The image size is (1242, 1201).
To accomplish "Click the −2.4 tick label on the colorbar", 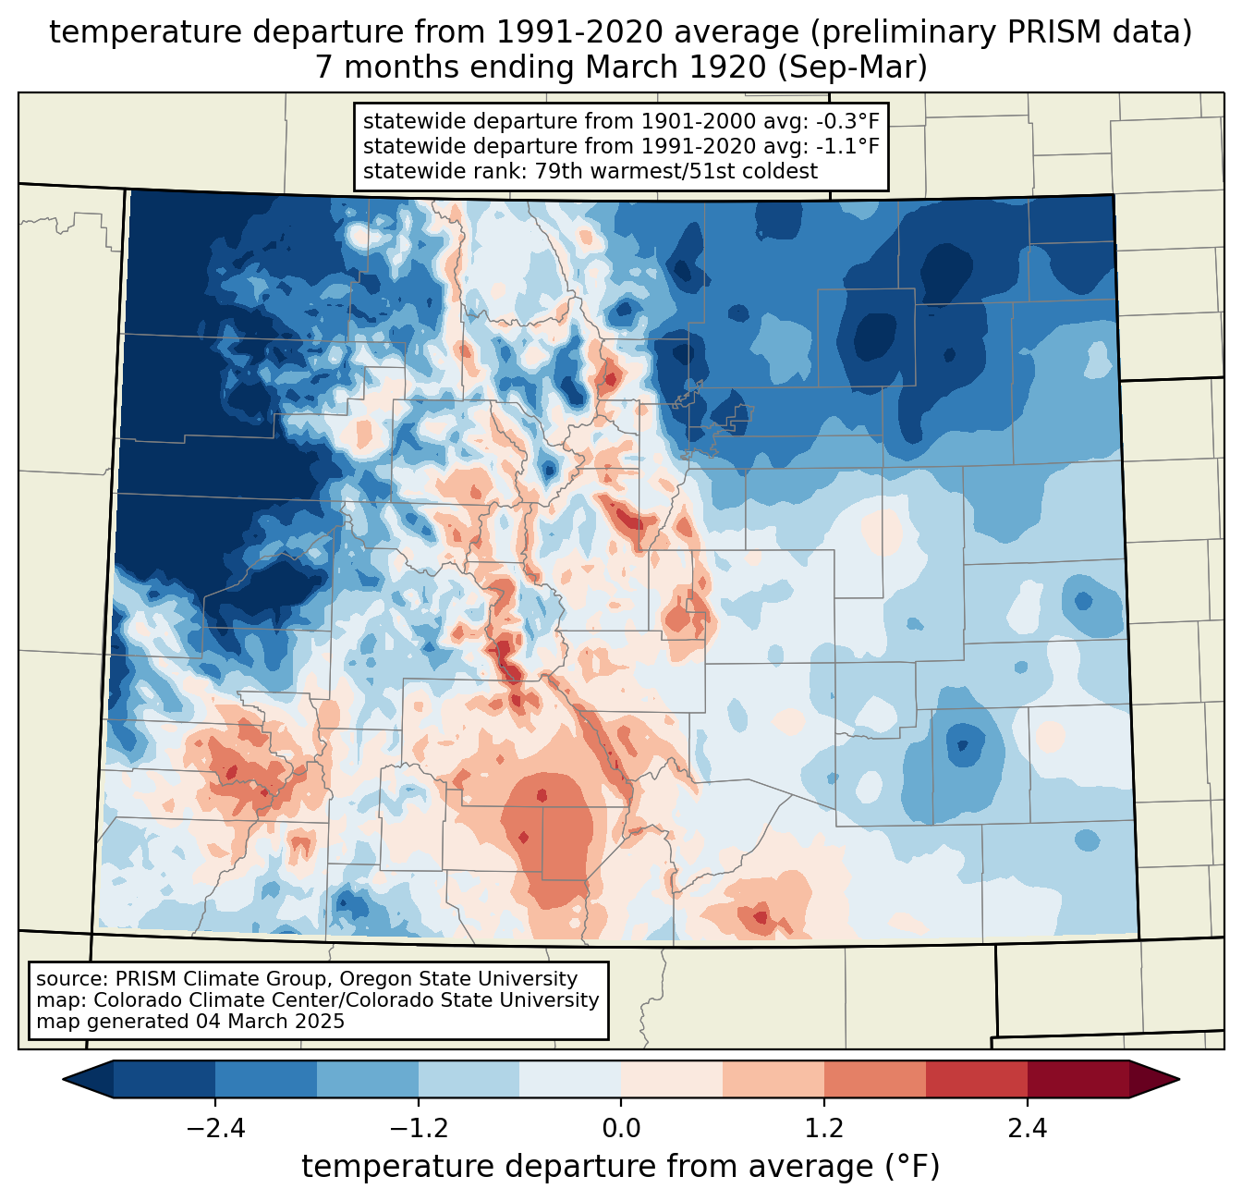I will point(215,1129).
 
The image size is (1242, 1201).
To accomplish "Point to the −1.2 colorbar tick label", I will point(418,1129).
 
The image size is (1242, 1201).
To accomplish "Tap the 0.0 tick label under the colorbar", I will point(621,1129).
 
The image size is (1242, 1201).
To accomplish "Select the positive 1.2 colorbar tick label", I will point(824,1129).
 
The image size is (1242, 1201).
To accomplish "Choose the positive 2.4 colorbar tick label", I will point(1028,1129).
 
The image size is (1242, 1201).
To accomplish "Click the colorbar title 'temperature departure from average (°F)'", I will point(621,1167).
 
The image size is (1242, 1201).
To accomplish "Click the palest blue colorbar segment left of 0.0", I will point(570,1079).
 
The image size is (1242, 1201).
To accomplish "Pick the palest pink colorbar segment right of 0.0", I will point(672,1079).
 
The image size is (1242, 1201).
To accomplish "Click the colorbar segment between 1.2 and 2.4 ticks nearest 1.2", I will point(875,1079).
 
